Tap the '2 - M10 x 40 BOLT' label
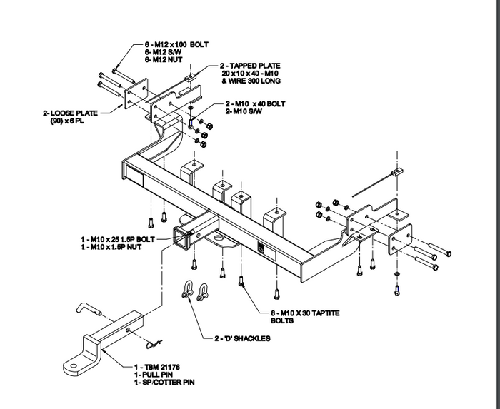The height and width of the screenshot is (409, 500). [x=255, y=104]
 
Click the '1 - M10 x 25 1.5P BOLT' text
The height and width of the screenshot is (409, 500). [x=116, y=239]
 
